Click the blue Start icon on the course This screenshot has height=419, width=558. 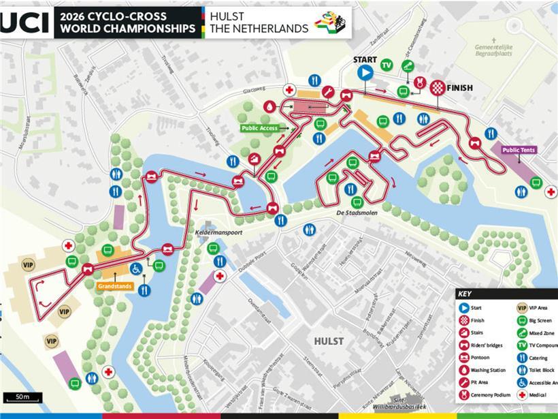pos(365,72)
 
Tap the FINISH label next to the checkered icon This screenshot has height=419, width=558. pos(460,88)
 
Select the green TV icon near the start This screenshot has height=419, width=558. pos(387,65)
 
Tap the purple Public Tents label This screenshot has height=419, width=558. pos(519,150)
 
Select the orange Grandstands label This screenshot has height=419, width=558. pos(115,286)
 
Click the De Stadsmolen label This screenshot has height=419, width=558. pos(356,213)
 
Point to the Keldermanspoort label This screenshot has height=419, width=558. pos(218,232)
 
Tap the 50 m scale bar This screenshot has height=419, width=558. pos(22,397)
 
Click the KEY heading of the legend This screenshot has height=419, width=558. pos(465,294)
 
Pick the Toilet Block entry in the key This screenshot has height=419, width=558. pos(542,369)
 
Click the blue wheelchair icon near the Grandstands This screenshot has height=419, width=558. pos(136,268)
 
